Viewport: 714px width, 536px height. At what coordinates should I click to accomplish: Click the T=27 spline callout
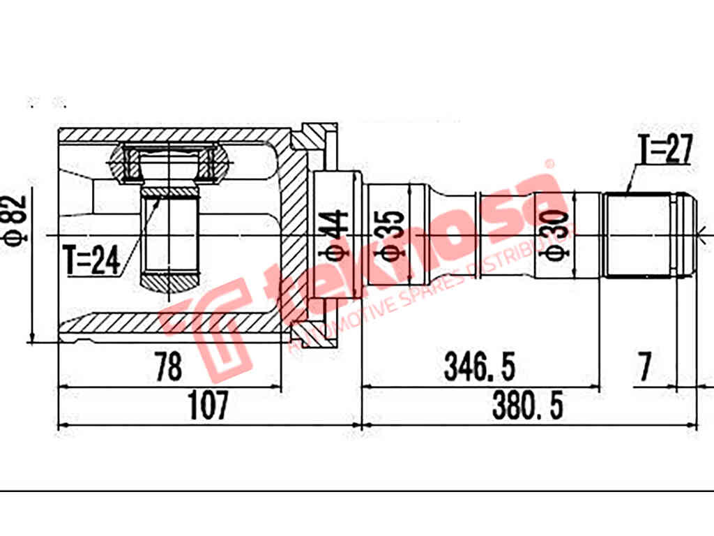point(664,149)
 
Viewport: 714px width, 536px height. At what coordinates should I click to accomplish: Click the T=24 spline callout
point(91,260)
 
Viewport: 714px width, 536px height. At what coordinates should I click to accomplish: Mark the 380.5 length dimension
point(527,405)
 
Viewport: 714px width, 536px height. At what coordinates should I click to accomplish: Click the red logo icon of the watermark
point(209,328)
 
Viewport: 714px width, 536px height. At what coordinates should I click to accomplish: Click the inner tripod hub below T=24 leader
point(171,237)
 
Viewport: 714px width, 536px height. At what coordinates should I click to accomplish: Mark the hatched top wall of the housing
point(174,135)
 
